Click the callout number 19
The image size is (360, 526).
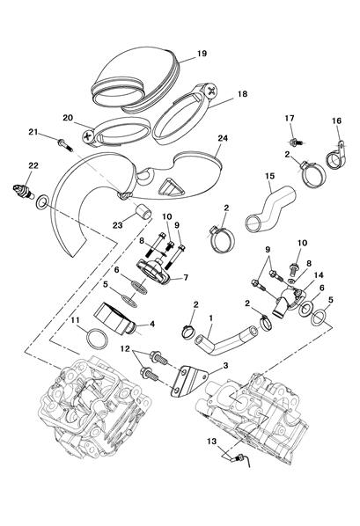(202, 54)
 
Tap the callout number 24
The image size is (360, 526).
(223, 138)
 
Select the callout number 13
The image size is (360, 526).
(211, 442)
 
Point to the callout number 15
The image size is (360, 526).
(269, 176)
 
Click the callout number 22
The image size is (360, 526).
(33, 165)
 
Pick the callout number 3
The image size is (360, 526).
(225, 365)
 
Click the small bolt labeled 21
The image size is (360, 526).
(65, 145)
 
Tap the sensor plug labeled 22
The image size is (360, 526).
(23, 191)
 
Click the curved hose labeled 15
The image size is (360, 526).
(271, 208)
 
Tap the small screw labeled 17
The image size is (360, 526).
(297, 142)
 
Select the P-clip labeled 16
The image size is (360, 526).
(336, 157)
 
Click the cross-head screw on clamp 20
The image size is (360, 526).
(88, 135)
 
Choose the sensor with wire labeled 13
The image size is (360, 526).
(241, 458)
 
